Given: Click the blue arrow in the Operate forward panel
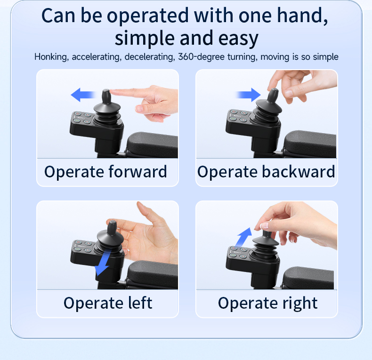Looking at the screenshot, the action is tap(83, 95).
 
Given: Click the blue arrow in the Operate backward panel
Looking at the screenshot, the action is tap(248, 95).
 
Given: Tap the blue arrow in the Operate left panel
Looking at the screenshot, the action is tap(103, 262).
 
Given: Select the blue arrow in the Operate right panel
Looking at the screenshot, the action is tap(243, 238).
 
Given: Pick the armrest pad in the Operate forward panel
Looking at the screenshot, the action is tap(153, 144).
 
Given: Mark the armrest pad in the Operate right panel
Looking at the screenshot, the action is tap(308, 278).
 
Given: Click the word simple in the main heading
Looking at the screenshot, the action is tap(145, 39).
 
